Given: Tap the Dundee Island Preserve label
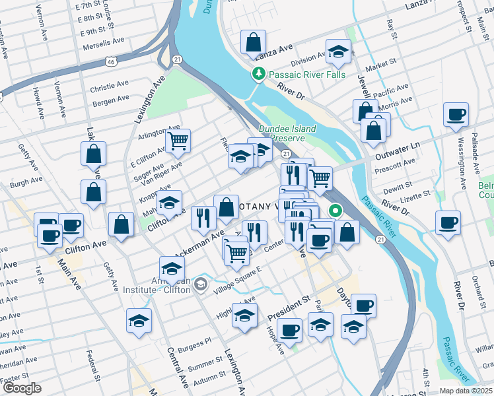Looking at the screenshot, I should click(x=287, y=133).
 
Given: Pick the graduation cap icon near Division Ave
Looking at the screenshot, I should click(x=338, y=52).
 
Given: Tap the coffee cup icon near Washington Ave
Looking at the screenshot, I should click(x=455, y=115).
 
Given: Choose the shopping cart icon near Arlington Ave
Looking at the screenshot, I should click(x=178, y=141).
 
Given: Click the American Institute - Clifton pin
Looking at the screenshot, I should click(x=201, y=285).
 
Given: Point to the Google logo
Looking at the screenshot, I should click(x=21, y=388).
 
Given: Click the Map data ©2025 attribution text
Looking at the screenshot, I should click(x=466, y=391).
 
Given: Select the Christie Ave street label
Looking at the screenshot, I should click(x=110, y=85).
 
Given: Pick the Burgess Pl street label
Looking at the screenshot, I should click(x=198, y=341).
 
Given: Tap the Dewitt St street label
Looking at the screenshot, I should click(x=398, y=187).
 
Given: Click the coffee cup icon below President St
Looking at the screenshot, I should click(x=290, y=330).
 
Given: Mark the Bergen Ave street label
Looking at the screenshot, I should click(x=111, y=100).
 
